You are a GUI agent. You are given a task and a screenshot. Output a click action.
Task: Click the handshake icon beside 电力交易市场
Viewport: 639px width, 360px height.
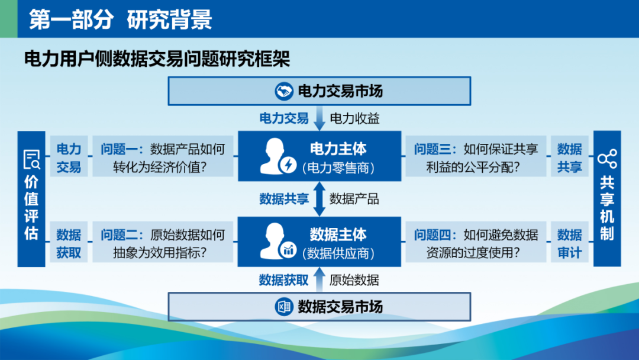click(283, 91)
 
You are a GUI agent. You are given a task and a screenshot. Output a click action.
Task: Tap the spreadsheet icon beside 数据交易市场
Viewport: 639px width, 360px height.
click(283, 307)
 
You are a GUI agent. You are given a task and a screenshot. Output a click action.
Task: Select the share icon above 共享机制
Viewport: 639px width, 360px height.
click(607, 159)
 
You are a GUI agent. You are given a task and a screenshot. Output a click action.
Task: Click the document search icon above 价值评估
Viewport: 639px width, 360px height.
click(31, 159)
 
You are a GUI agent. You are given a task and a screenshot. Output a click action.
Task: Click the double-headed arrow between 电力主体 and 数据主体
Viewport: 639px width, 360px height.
click(319, 199)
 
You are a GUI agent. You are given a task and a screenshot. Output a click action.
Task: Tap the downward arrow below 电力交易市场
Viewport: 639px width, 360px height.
click(319, 118)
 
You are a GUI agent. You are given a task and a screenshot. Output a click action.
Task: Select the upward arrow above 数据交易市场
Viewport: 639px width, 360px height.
click(319, 279)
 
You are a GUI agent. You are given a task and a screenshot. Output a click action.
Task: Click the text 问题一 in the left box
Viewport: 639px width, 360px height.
click(119, 149)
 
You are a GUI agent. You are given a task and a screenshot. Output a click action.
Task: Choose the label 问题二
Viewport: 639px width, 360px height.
click(119, 235)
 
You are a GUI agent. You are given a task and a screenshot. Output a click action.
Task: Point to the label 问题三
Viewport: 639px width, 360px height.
click(433, 149)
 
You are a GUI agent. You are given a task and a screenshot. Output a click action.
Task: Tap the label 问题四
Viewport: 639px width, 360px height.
click(433, 235)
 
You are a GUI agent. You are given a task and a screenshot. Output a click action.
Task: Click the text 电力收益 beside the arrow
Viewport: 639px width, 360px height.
click(354, 118)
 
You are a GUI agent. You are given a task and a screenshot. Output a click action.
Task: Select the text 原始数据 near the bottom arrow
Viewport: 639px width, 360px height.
click(354, 280)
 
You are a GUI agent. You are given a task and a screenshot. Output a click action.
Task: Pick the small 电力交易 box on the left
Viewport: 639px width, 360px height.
click(69, 156)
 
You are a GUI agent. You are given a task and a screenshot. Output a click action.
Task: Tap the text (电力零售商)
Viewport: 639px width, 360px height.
click(338, 168)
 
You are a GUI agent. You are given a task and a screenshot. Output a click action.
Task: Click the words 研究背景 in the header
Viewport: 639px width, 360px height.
click(169, 19)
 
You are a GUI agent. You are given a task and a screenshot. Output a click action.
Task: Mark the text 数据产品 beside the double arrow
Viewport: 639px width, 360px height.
click(354, 199)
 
